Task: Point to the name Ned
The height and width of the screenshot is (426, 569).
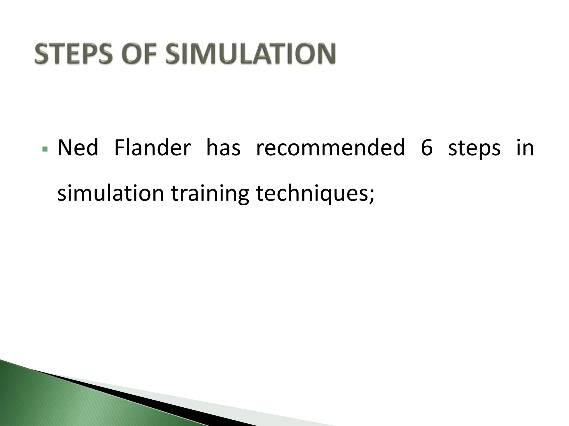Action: click(x=78, y=148)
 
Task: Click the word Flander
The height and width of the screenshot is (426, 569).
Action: click(x=152, y=148)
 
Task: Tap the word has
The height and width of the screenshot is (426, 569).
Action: click(x=223, y=148)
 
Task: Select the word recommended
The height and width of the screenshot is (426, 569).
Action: click(x=330, y=148)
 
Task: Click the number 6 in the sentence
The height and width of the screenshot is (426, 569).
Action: click(x=427, y=148)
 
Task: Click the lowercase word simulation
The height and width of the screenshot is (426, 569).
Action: click(x=111, y=193)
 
